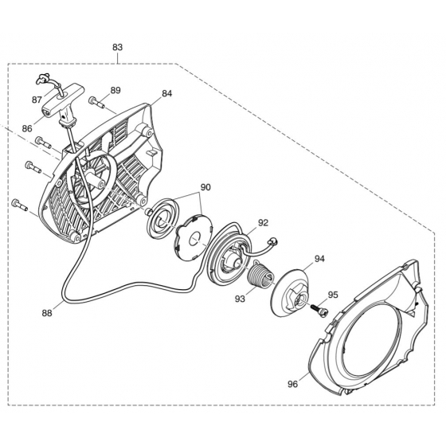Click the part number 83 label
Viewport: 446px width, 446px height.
click(x=118, y=47)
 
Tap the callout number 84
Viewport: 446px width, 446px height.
click(x=167, y=93)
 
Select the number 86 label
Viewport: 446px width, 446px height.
click(x=27, y=128)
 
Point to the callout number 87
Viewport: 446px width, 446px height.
click(x=37, y=100)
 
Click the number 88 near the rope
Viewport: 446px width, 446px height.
click(x=47, y=313)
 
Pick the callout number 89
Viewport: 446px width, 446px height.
click(x=115, y=90)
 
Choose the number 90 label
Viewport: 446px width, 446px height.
click(x=205, y=187)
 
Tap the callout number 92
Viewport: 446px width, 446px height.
click(x=263, y=223)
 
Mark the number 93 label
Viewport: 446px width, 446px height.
click(x=240, y=299)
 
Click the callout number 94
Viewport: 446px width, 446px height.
click(x=319, y=259)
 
